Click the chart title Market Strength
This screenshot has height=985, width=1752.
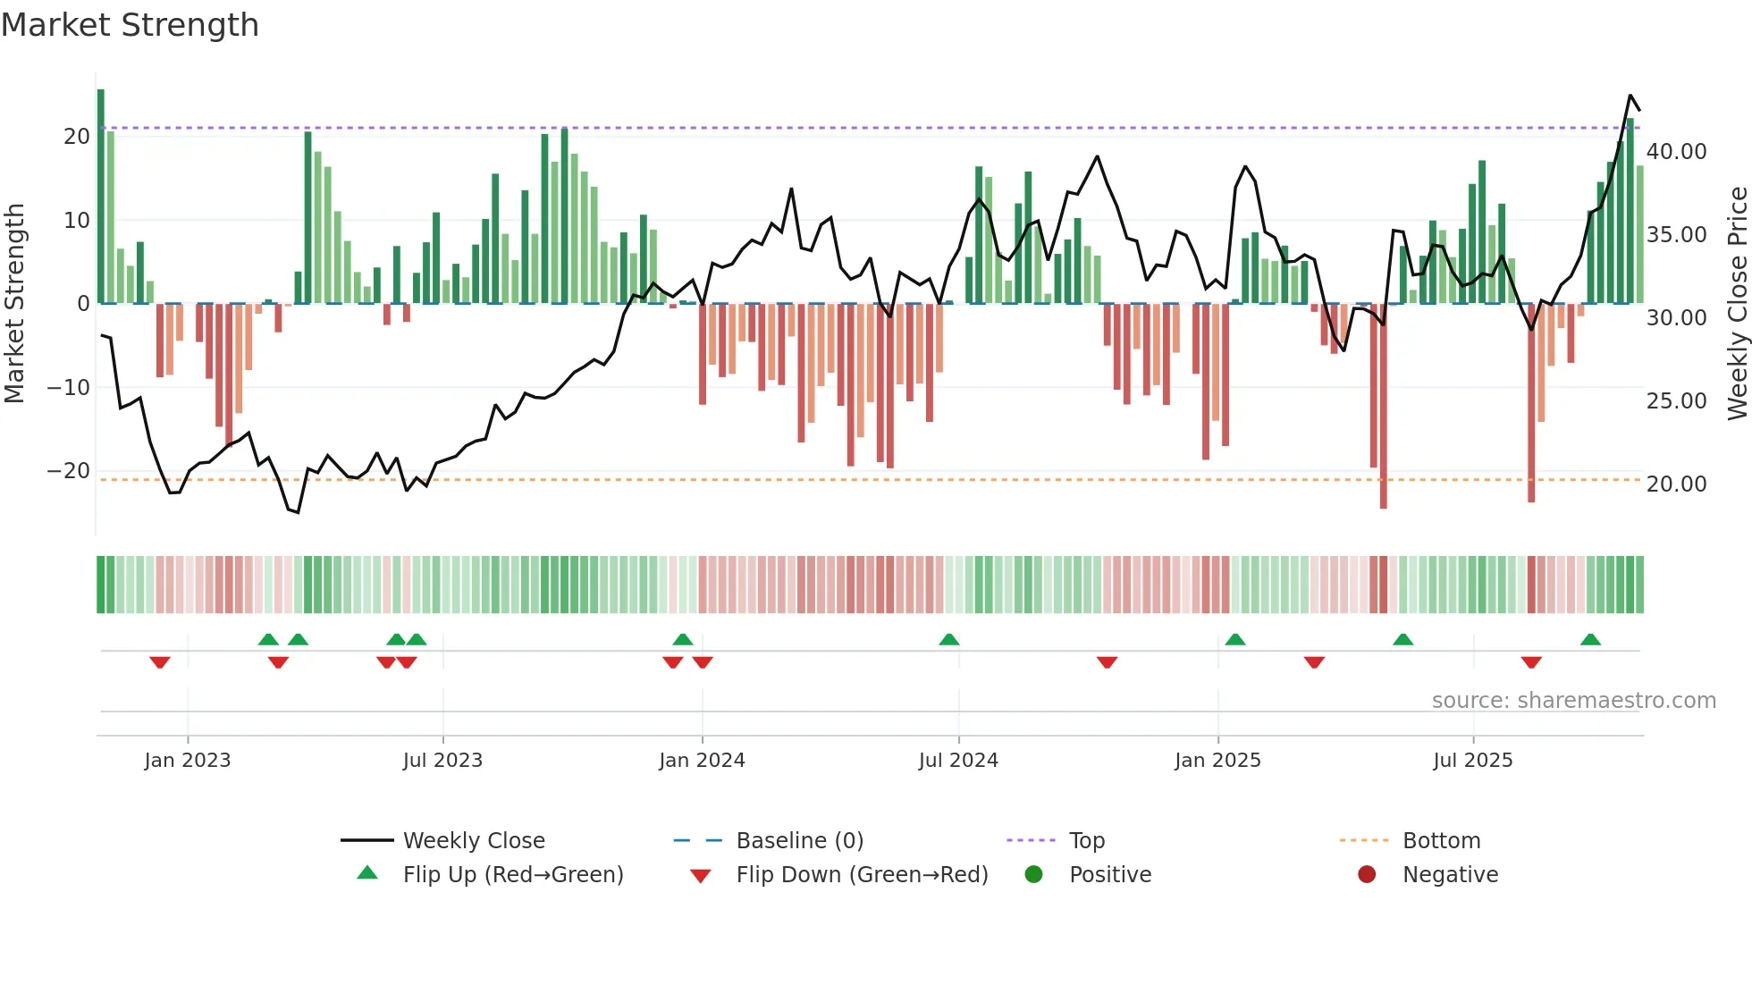click(130, 25)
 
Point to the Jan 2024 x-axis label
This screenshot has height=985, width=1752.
click(702, 760)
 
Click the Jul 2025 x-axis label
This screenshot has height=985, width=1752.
click(1472, 760)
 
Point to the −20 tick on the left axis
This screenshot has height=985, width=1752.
click(69, 471)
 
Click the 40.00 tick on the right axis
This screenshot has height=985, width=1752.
click(1676, 151)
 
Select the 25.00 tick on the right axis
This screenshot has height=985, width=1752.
click(1676, 400)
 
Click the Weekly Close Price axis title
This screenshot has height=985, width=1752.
click(1737, 303)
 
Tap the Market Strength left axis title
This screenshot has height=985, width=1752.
click(14, 303)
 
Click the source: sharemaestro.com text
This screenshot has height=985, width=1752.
click(1573, 700)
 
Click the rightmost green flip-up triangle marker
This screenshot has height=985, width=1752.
click(1590, 640)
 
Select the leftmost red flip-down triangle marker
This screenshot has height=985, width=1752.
click(160, 662)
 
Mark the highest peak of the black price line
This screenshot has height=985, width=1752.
click(1630, 96)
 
